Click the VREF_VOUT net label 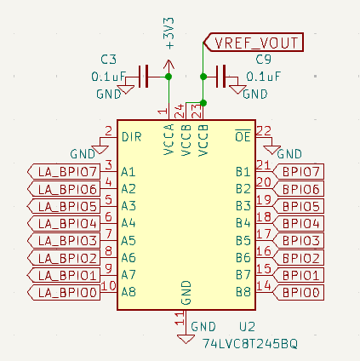click(254, 43)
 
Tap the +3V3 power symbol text click(169, 33)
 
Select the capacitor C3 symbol click(143, 77)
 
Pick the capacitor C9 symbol click(220, 77)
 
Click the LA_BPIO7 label click(64, 172)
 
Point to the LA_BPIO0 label click(64, 292)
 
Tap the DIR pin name click(131, 137)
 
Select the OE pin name click(243, 136)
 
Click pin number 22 click(264, 130)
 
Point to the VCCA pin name click(169, 140)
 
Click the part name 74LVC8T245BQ click(250, 344)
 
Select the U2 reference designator click(247, 327)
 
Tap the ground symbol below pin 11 click(186, 339)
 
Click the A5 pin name click(129, 241)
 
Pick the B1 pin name click(243, 172)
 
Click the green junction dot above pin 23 click(203, 103)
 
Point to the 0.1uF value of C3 click(108, 77)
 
